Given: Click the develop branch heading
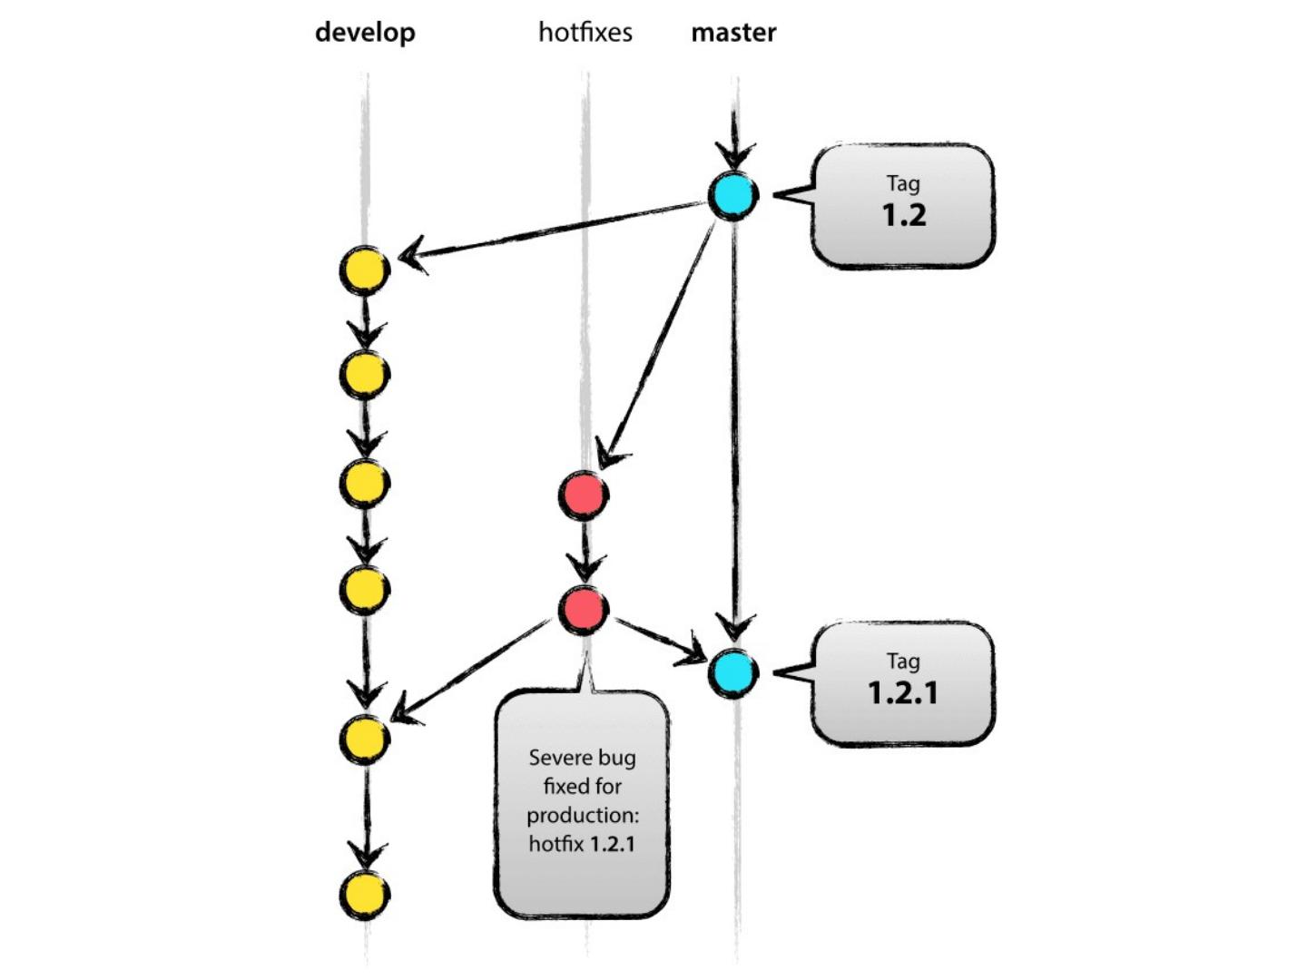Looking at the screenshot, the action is click(x=365, y=33).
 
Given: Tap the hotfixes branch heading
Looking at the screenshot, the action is click(x=585, y=32).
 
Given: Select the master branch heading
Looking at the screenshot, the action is click(x=733, y=33).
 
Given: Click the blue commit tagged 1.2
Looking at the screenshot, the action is click(x=733, y=196).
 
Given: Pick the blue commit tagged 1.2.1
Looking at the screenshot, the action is click(x=733, y=673).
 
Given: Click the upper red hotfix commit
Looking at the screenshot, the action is click(x=584, y=495).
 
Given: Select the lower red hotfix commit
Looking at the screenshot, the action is click(x=584, y=610).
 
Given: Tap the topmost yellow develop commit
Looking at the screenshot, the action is click(x=364, y=270).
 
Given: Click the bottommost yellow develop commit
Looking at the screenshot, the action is click(x=364, y=895).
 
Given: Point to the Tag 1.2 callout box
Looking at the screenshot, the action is click(x=903, y=205).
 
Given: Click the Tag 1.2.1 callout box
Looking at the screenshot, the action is click(x=903, y=683).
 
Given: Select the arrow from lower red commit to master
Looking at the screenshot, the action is click(x=661, y=641).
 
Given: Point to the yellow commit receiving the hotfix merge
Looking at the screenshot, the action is click(x=364, y=740).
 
